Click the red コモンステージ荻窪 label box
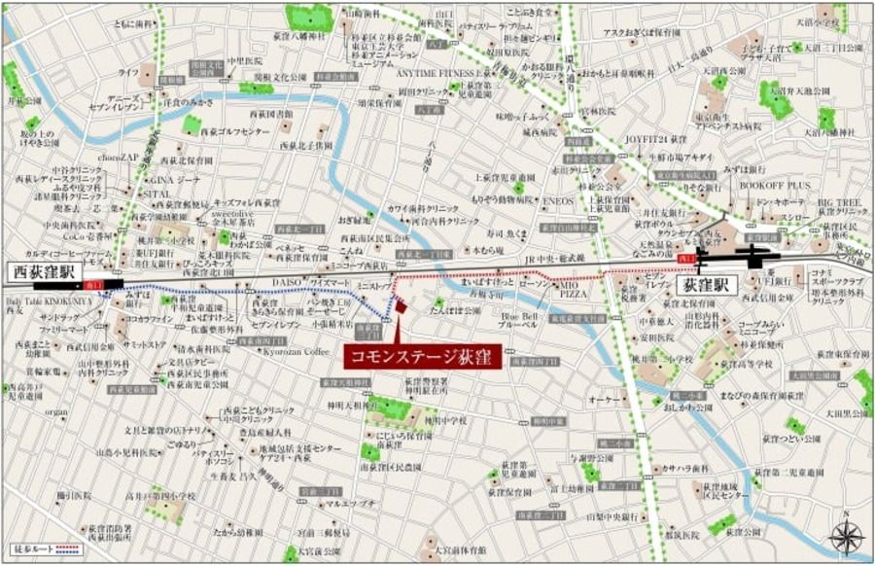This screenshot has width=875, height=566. coord(422,357)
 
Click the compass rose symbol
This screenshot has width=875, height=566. coord(849,536)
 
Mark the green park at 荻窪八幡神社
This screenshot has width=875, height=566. coord(308,17)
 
